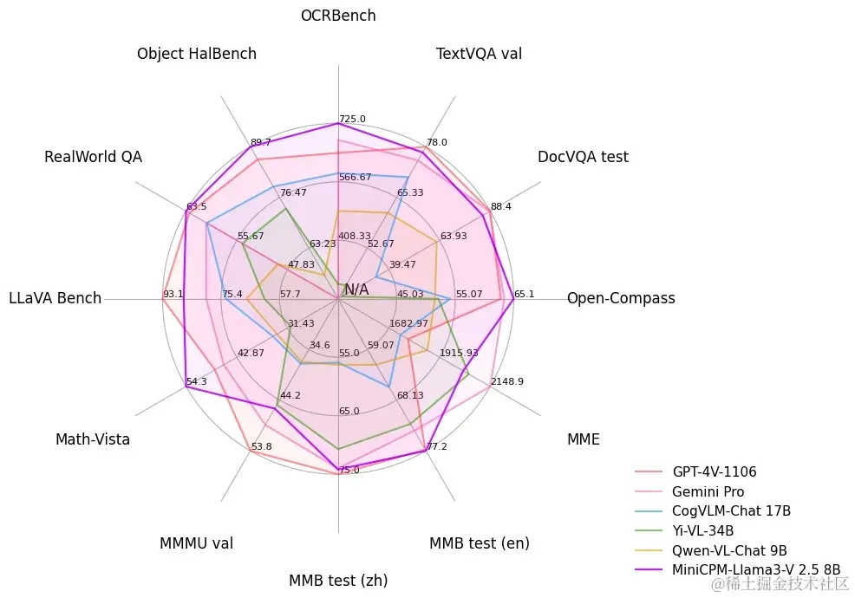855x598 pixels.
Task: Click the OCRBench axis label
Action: tap(338, 16)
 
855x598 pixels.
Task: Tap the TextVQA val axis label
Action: tap(479, 55)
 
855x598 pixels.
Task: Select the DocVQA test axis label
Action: tap(583, 157)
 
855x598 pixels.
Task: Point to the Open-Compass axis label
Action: tap(621, 298)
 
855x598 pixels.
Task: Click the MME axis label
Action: tap(583, 439)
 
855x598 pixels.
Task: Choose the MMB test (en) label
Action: tap(479, 543)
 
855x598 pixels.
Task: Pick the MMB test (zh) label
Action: tap(338, 580)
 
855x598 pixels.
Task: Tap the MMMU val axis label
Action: tap(196, 543)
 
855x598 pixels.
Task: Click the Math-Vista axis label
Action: tap(93, 439)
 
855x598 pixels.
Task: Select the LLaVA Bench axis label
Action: tap(55, 298)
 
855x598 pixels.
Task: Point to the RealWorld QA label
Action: tap(93, 157)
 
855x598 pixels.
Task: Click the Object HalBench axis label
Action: tap(197, 54)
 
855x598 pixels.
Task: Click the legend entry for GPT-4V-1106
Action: tap(714, 472)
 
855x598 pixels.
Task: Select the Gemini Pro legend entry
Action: tap(708, 491)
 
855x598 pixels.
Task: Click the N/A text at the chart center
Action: tap(356, 289)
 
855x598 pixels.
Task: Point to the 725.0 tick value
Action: tap(353, 119)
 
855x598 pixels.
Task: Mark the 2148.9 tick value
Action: tap(507, 381)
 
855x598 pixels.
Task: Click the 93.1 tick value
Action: tap(173, 294)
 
